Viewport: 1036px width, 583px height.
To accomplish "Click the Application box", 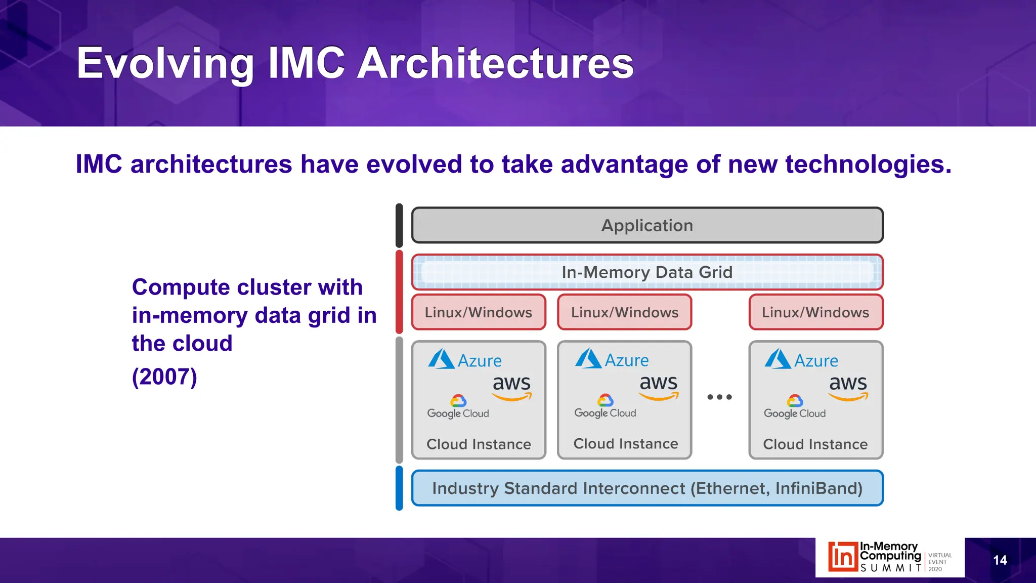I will point(647,225).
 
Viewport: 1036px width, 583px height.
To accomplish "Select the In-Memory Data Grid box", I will point(647,272).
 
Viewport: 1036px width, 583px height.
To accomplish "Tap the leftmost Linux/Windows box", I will point(479,312).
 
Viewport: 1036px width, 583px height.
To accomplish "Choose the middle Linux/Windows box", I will point(625,312).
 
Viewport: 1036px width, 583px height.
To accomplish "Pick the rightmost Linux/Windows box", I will point(815,312).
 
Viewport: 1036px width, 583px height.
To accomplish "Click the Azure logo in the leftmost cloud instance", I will point(464,360).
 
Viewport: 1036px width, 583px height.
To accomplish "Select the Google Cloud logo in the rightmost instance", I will point(795,407).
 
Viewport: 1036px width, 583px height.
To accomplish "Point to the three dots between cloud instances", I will point(719,397).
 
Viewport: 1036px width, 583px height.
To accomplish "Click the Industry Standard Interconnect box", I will point(647,488).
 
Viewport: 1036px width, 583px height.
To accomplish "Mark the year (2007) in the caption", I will point(164,377).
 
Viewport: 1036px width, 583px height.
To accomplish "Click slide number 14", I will point(1000,560).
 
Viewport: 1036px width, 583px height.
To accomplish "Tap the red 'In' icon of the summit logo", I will point(843,557).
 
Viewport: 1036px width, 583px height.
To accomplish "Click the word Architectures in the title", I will point(495,63).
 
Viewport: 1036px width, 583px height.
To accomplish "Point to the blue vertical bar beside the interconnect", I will point(399,488).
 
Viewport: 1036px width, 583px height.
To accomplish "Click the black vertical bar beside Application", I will point(399,225).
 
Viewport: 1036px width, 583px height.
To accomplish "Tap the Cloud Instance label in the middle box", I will point(625,444).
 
